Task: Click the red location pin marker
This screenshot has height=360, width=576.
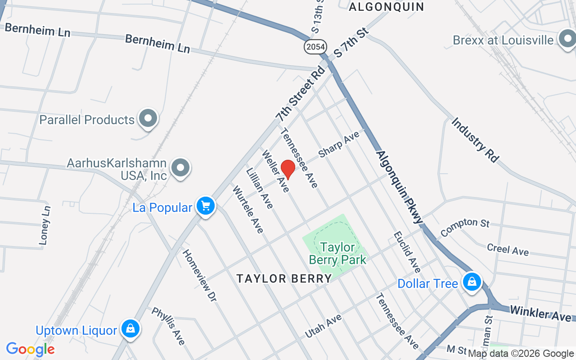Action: click(x=288, y=169)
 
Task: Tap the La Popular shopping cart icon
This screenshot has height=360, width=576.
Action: click(x=206, y=206)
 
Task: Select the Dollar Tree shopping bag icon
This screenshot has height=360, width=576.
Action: click(x=472, y=282)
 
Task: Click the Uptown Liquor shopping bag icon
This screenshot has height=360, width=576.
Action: click(x=130, y=329)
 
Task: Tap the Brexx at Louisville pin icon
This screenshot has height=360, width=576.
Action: click(x=567, y=39)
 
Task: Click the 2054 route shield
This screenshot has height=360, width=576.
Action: click(x=315, y=46)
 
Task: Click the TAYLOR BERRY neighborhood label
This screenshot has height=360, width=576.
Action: click(x=284, y=279)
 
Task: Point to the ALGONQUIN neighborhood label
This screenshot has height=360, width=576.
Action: click(x=387, y=6)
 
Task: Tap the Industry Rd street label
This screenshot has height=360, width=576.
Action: click(x=475, y=139)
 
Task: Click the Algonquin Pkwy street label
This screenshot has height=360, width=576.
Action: click(x=400, y=186)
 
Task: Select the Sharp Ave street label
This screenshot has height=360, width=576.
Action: click(x=339, y=144)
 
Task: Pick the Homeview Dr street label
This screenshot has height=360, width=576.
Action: click(x=199, y=274)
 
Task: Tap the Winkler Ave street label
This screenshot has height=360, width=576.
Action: click(x=540, y=313)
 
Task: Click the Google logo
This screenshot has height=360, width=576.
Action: click(x=30, y=349)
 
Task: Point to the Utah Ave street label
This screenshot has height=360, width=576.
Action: click(x=323, y=326)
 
